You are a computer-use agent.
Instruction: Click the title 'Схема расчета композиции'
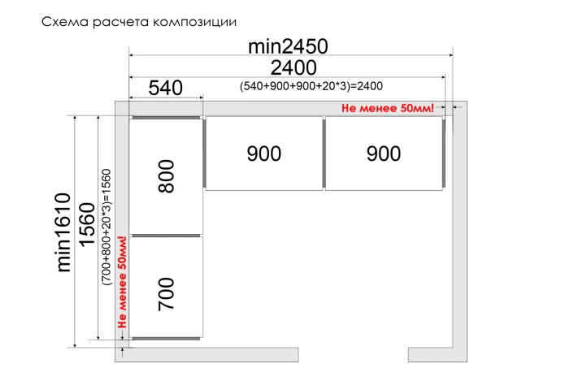tap(139, 22)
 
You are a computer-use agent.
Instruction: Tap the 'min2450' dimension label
tap(288, 46)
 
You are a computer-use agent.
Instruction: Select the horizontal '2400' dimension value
tap(294, 68)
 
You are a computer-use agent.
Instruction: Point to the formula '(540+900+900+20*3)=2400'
tap(311, 86)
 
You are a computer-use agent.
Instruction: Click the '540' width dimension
tap(166, 88)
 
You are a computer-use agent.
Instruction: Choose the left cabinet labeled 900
tap(264, 154)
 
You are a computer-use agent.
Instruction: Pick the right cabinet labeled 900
tap(384, 154)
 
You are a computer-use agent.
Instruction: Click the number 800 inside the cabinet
tap(167, 176)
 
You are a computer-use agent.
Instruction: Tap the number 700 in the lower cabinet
tap(167, 294)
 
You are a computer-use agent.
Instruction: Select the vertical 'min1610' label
tap(64, 232)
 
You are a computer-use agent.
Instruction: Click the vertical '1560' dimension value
tap(87, 224)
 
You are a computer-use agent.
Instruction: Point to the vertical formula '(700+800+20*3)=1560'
tap(107, 227)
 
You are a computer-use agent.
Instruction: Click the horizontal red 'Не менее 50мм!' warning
tap(388, 108)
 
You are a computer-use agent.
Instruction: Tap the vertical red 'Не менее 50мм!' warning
tap(122, 282)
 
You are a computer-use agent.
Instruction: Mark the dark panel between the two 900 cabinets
tap(324, 154)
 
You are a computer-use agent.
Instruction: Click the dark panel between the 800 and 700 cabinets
tap(166, 236)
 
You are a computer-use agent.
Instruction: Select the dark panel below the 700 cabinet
tap(166, 339)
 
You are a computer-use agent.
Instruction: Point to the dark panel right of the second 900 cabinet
tap(444, 154)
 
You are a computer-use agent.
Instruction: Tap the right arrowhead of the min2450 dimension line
tap(450, 55)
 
